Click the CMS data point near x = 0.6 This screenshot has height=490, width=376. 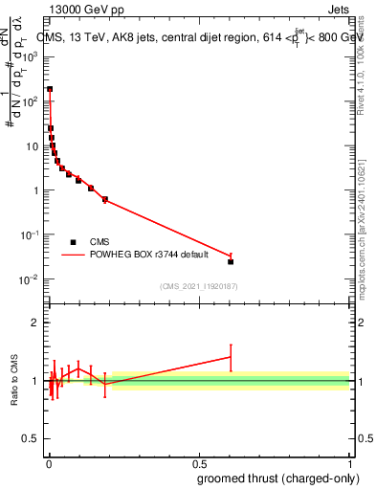(231, 261)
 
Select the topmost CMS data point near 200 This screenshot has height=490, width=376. (50, 89)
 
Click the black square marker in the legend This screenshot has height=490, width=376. (73, 242)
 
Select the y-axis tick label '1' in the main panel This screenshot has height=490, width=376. (35, 190)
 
